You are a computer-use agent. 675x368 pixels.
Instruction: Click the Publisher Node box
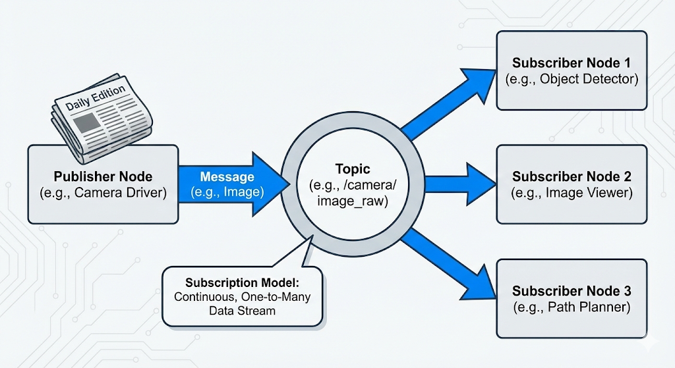[x=103, y=184]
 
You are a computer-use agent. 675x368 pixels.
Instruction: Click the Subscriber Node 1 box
[x=571, y=71]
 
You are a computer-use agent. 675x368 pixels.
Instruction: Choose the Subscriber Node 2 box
[x=571, y=184]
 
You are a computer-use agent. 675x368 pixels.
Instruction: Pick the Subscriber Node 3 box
[x=571, y=298]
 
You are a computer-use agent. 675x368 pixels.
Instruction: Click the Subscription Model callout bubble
[x=242, y=296]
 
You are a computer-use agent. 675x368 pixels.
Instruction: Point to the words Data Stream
[x=242, y=310]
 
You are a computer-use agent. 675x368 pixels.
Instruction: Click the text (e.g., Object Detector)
[x=572, y=79]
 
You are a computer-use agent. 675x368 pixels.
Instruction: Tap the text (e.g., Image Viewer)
[x=572, y=193]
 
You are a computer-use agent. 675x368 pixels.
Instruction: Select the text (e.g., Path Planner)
[x=572, y=307]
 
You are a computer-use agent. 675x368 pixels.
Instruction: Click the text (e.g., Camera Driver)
[x=103, y=193]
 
